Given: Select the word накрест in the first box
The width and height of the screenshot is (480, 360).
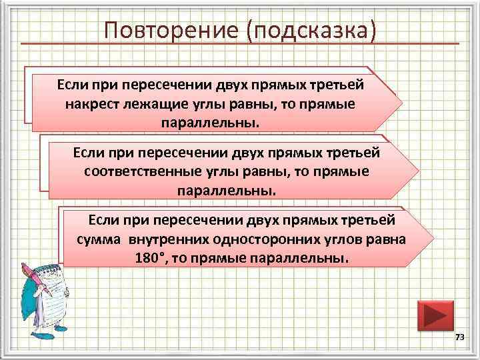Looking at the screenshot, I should [90, 105].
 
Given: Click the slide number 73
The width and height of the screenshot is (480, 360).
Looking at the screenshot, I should [459, 339].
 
